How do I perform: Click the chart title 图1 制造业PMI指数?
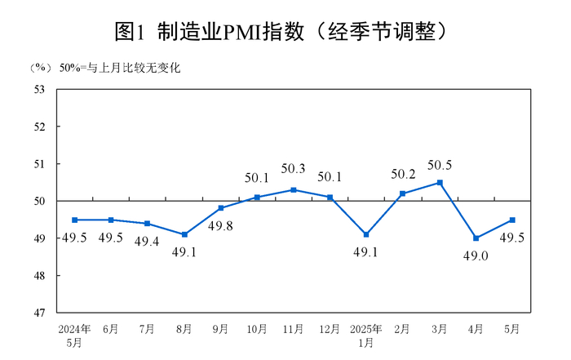pyautogui.click(x=285, y=30)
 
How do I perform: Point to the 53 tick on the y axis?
pyautogui.click(x=38, y=89)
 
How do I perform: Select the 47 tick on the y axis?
pyautogui.click(x=38, y=313)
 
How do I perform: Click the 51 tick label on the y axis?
pyautogui.click(x=38, y=164)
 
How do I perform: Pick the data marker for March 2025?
pyautogui.click(x=440, y=182)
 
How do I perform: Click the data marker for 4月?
pyautogui.click(x=476, y=238)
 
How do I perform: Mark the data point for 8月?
pyautogui.click(x=184, y=234)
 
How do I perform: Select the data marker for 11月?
pyautogui.click(x=294, y=189)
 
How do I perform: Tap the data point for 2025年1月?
pyautogui.click(x=366, y=234)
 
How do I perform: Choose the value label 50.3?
pyautogui.click(x=293, y=170)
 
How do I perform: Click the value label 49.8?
pyautogui.click(x=220, y=224)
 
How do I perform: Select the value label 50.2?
pyautogui.click(x=404, y=174)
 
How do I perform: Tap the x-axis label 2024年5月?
pyautogui.click(x=74, y=336)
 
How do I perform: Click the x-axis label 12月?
pyautogui.click(x=330, y=329)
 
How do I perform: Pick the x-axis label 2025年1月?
pyautogui.click(x=366, y=336)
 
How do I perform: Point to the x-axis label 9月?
pyautogui.click(x=220, y=329)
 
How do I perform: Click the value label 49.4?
pyautogui.click(x=147, y=241)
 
